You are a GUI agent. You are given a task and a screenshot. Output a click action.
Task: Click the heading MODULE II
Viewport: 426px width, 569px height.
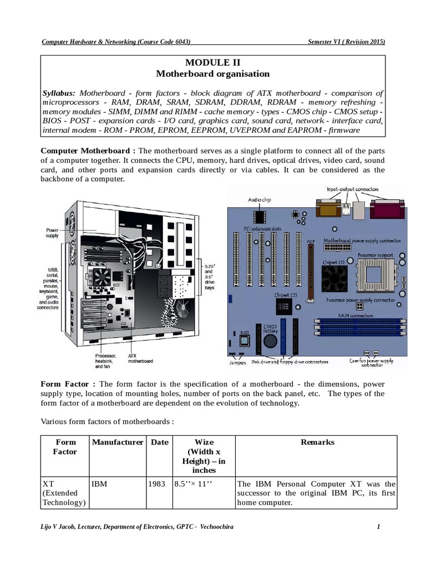[x=213, y=62]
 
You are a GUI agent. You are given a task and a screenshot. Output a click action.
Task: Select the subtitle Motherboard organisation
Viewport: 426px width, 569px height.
[x=213, y=73]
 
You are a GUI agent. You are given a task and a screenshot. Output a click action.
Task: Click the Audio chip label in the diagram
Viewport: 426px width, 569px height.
[x=258, y=199]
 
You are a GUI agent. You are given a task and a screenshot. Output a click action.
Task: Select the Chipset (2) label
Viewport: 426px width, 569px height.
[x=286, y=295]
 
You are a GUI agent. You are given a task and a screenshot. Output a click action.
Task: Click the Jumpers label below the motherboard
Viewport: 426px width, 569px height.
[x=237, y=362]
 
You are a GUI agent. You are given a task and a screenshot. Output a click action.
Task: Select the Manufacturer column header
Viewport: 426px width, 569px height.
[x=116, y=442]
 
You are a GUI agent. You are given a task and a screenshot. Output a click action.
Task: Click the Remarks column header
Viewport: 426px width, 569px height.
[x=317, y=442]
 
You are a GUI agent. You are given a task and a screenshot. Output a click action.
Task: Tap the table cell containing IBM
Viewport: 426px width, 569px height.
[x=99, y=484]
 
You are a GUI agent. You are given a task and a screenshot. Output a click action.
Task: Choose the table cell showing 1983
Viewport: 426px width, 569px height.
[x=157, y=484]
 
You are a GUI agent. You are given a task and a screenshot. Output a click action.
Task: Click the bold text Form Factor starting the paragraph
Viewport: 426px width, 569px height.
[x=69, y=384]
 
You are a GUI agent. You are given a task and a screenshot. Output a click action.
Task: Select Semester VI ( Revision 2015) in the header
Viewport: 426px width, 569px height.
[x=346, y=42]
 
